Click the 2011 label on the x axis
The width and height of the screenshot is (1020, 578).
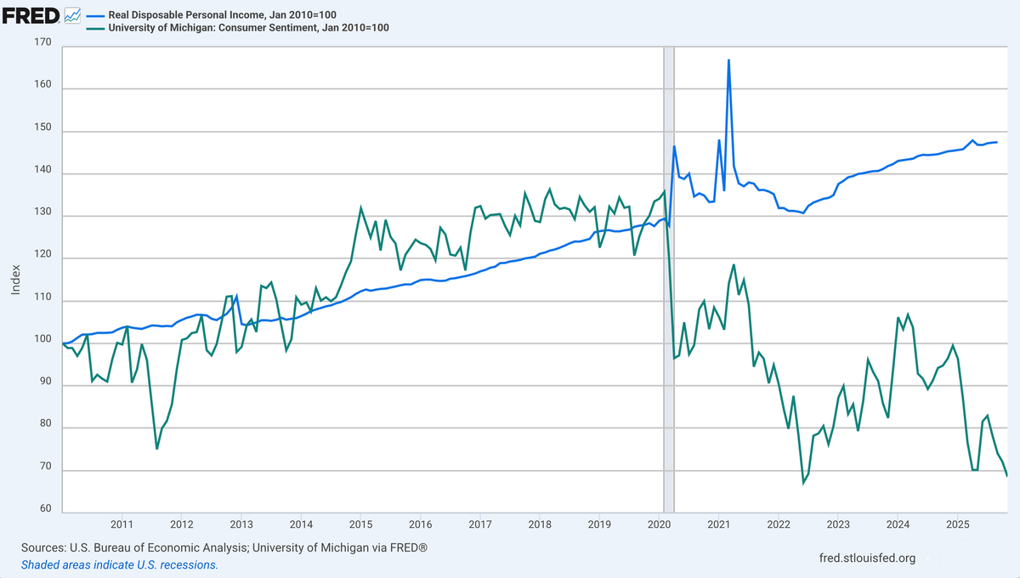click(122, 524)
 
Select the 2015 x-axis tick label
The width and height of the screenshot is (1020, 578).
click(360, 524)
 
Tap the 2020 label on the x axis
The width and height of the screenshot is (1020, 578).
click(660, 524)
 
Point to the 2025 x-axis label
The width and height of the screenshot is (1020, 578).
click(958, 524)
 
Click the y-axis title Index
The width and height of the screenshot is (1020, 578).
click(15, 280)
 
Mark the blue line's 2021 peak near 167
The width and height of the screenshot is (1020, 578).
click(729, 59)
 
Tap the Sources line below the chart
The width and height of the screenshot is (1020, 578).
click(224, 548)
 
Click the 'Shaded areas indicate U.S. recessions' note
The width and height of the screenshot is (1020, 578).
click(119, 564)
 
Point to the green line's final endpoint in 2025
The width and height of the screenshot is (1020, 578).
click(1007, 476)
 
